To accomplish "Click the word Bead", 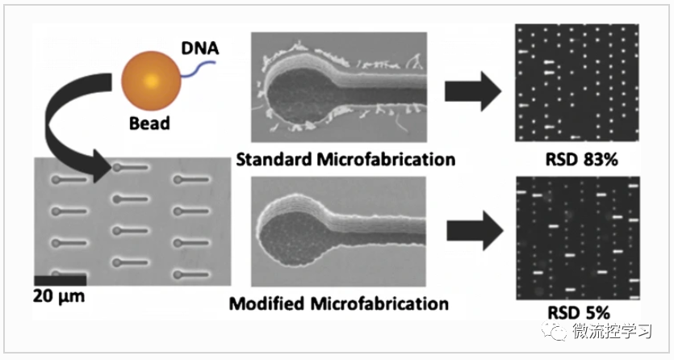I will (x=149, y=124).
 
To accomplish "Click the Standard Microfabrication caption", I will (x=345, y=159).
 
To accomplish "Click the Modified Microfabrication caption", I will (x=338, y=304).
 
